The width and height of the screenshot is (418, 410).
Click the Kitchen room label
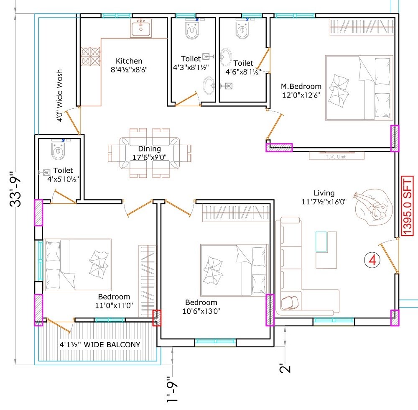tap(129, 61)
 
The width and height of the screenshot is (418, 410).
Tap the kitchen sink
tap(141, 28)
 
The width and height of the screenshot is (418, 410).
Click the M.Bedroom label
tap(301, 87)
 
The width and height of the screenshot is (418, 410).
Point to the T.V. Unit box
tap(336, 156)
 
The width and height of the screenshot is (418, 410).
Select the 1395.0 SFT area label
tap(407, 207)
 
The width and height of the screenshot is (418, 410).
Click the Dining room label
tap(150, 149)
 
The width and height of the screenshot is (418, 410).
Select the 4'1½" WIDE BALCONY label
tap(99, 345)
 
